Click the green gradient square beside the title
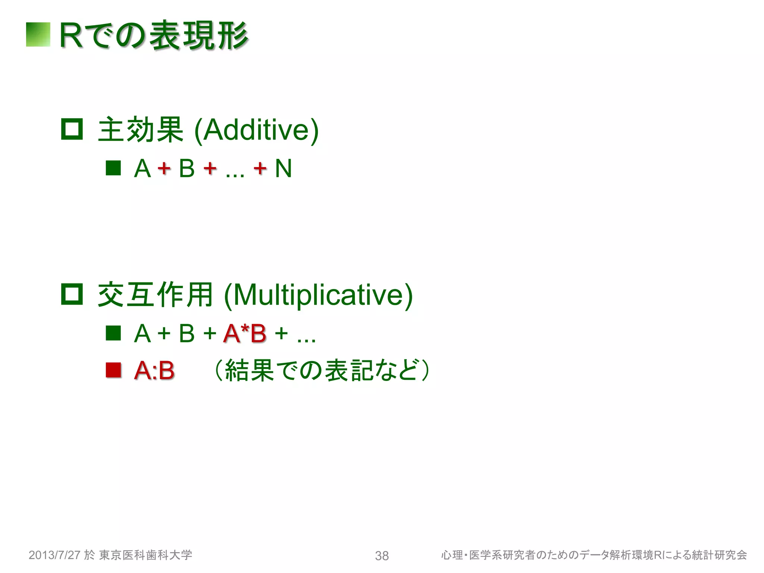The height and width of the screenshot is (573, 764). [x=38, y=35]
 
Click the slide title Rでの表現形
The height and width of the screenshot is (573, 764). [x=154, y=35]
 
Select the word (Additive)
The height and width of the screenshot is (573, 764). [x=257, y=130]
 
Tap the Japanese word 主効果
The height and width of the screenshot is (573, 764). [x=141, y=130]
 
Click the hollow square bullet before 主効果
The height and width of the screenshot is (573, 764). [x=72, y=129]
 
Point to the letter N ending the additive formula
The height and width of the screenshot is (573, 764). [x=283, y=169]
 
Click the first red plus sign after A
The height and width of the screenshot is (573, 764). [x=164, y=169]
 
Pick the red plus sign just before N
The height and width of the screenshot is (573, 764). [x=260, y=169]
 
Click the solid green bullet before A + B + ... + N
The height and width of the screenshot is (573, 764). [x=113, y=168]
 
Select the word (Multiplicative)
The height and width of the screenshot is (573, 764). [x=318, y=295]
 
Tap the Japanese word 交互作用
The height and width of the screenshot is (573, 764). [x=155, y=295]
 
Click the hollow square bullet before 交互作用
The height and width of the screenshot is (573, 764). [x=72, y=294]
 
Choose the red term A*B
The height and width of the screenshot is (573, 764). [x=245, y=333]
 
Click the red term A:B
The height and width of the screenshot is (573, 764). [x=154, y=370]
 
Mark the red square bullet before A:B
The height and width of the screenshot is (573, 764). [x=113, y=370]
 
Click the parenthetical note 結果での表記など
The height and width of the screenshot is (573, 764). [x=322, y=370]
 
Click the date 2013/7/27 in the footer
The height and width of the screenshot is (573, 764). [x=54, y=555]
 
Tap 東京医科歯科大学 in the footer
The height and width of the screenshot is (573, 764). [x=145, y=555]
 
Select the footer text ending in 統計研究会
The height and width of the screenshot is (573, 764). [x=594, y=555]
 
